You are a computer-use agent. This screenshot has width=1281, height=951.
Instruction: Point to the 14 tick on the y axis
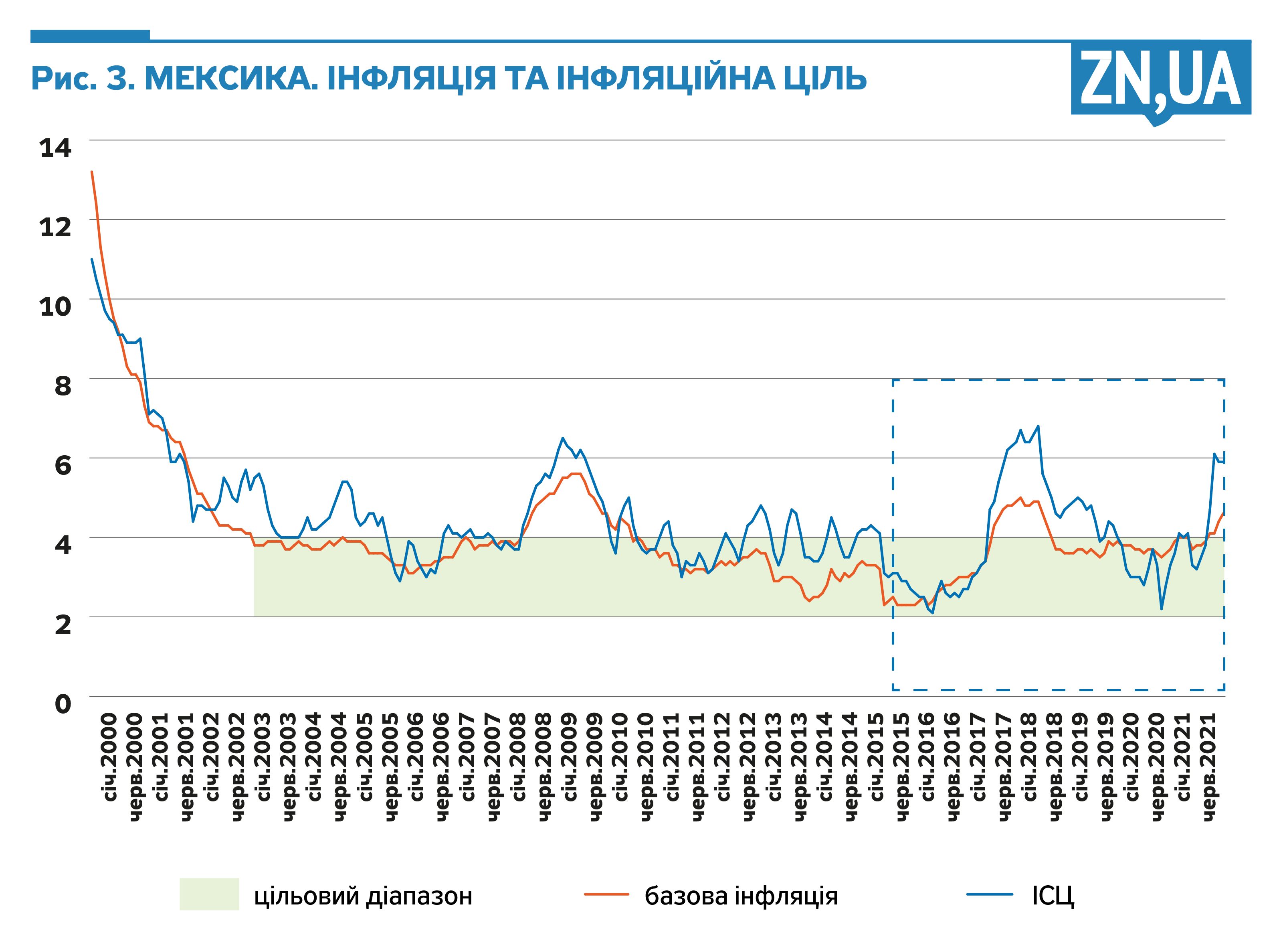pyautogui.click(x=55, y=148)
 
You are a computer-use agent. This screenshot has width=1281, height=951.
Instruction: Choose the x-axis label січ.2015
pyautogui.click(x=876, y=757)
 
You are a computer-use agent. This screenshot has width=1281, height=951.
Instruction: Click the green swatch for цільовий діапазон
pyautogui.click(x=209, y=894)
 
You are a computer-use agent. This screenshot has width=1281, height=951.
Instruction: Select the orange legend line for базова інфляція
pyautogui.click(x=606, y=894)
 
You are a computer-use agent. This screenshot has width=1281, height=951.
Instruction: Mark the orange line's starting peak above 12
pyautogui.click(x=92, y=172)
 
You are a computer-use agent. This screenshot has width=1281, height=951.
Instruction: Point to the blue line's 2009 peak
pyautogui.click(x=563, y=438)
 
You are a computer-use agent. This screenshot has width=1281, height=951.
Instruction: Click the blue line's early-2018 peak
pyautogui.click(x=1038, y=427)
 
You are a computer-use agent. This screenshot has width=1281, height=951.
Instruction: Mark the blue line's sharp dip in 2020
pyautogui.click(x=1161, y=608)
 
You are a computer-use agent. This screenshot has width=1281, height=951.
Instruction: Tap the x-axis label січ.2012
pyautogui.click(x=723, y=757)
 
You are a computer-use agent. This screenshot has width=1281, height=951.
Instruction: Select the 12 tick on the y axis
pyautogui.click(x=55, y=227)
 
